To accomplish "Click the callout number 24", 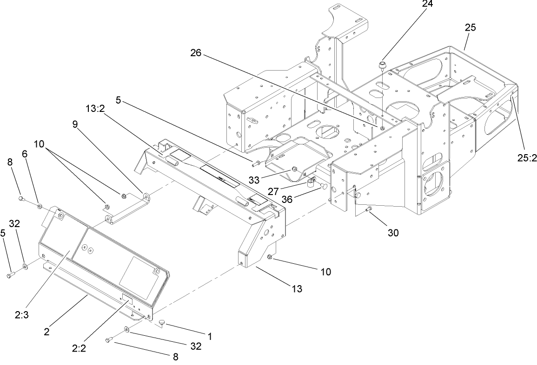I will click(427, 5).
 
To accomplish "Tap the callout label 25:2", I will click(526, 158).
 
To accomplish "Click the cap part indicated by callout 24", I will click(383, 64).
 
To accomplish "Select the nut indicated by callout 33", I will click(294, 168).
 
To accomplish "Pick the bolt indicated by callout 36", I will click(322, 187).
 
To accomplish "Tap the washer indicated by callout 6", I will click(40, 205).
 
